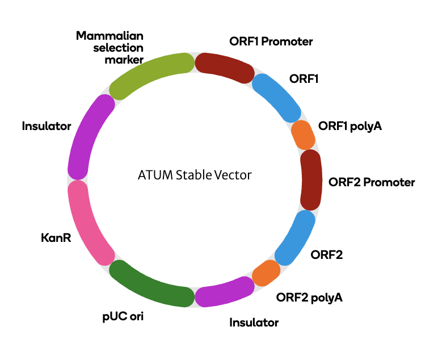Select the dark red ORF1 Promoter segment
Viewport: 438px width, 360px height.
click(x=225, y=67)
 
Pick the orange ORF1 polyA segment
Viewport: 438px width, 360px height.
click(x=303, y=135)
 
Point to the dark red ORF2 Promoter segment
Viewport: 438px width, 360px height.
click(x=311, y=180)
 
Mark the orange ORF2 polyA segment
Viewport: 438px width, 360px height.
click(x=266, y=273)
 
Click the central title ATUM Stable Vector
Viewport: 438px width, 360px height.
click(x=195, y=175)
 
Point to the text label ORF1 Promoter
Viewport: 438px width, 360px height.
click(x=271, y=41)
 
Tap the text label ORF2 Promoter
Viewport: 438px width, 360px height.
click(x=372, y=182)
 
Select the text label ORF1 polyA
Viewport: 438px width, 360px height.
click(x=350, y=126)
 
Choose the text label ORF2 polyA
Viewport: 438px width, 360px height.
click(x=309, y=298)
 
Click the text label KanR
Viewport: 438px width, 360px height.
click(x=56, y=238)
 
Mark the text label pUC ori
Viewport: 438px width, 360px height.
click(x=123, y=317)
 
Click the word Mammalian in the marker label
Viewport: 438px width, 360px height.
click(x=109, y=36)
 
